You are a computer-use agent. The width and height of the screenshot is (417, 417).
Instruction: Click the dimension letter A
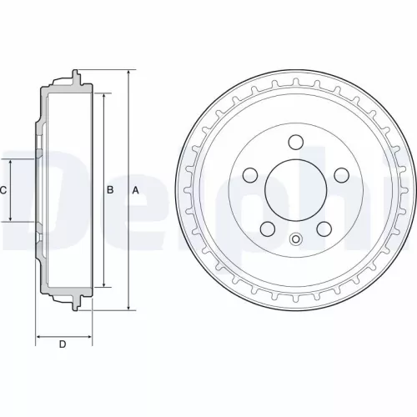(136, 190)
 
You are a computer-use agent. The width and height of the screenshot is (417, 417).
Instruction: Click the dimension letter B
(109, 190)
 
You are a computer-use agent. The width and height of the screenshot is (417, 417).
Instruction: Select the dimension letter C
(3, 190)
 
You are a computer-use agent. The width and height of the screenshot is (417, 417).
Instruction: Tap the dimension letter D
(63, 344)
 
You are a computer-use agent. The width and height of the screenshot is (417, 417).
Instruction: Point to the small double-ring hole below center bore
(296, 240)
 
